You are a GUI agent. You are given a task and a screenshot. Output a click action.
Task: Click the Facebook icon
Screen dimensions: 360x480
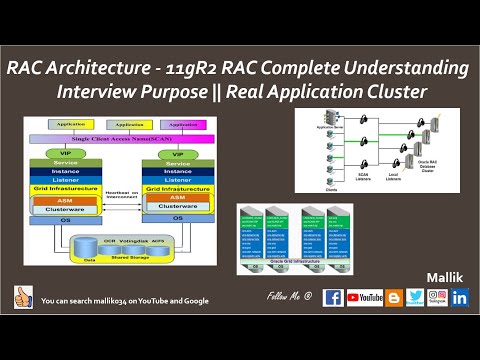click(334, 297)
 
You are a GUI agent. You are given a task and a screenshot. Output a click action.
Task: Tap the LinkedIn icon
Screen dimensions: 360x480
click(460, 297)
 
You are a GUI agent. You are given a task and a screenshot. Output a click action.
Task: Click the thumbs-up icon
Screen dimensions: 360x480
click(23, 297)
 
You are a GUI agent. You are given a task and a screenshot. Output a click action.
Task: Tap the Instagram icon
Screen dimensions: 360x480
click(437, 297)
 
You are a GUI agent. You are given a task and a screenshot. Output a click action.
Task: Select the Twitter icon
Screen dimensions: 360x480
click(414, 297)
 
